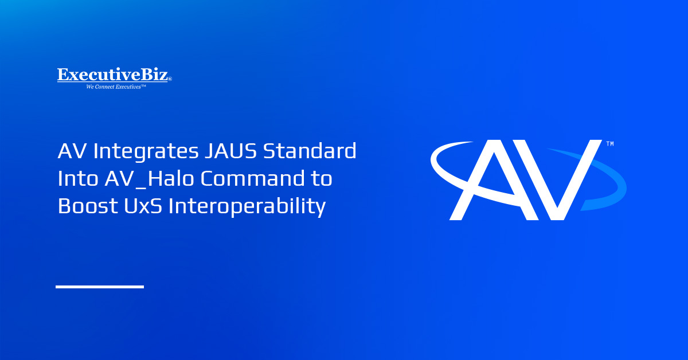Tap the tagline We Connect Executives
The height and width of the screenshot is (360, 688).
tap(116, 87)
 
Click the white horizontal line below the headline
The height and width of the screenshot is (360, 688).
tap(100, 286)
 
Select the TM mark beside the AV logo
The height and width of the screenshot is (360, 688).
tap(609, 144)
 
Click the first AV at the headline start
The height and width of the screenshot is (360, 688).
tap(72, 152)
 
